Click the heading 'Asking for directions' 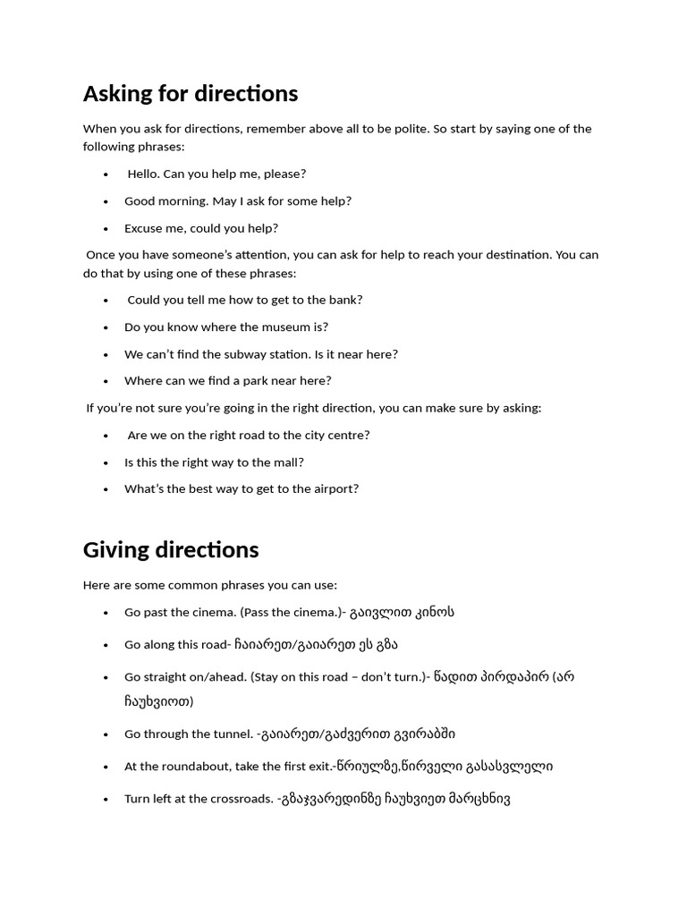pos(191,94)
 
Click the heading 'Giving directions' pos(171,549)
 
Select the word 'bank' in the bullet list pos(346,301)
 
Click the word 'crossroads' pos(241,799)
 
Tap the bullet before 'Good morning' pos(106,201)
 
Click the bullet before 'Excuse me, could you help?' pos(106,228)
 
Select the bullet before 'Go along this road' pos(106,645)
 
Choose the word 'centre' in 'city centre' pos(349,436)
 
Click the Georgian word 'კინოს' pos(433,613)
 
